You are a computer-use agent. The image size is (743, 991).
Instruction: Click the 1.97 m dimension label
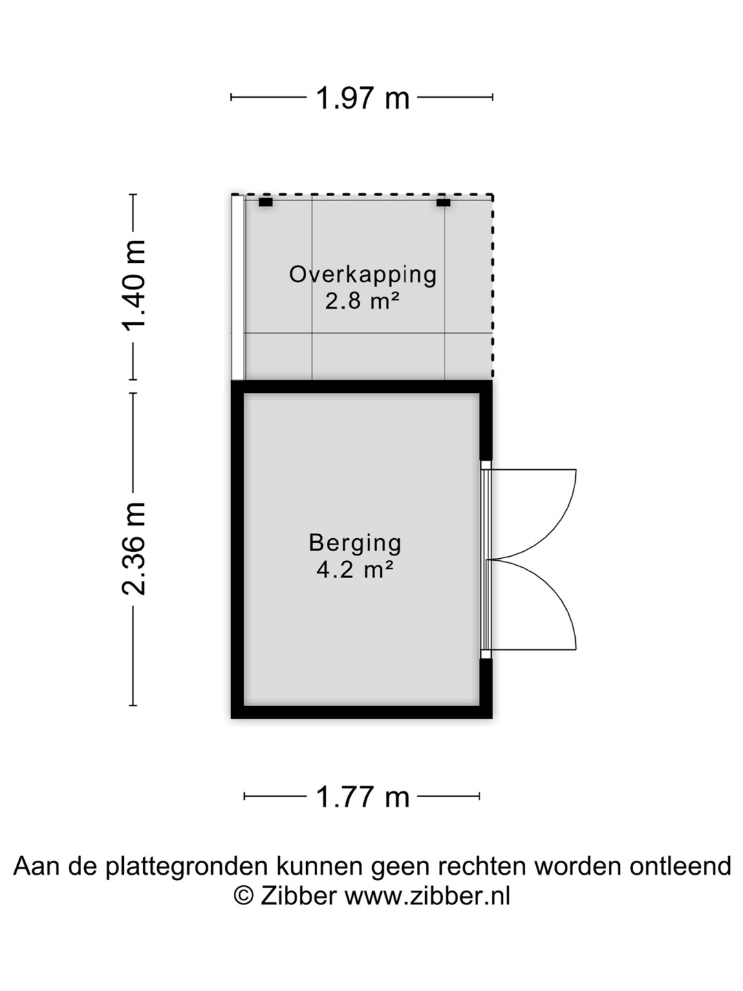(362, 98)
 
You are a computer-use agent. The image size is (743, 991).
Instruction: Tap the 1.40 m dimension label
(134, 284)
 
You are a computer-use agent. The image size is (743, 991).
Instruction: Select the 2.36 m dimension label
(134, 548)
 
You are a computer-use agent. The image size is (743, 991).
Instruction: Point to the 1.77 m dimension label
(362, 797)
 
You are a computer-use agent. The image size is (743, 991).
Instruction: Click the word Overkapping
(363, 275)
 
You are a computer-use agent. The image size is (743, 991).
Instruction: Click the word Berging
(355, 543)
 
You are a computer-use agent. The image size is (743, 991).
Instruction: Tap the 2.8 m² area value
(363, 301)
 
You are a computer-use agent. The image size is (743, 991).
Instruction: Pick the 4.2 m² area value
(355, 570)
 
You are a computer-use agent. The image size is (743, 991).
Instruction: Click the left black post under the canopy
(266, 202)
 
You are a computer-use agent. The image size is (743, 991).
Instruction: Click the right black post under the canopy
(444, 202)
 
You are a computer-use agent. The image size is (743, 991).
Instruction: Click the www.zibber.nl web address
(427, 896)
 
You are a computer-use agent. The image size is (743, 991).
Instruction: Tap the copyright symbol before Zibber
(244, 896)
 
